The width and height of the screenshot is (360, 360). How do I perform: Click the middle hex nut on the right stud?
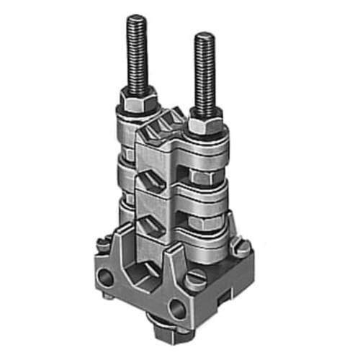(207, 176)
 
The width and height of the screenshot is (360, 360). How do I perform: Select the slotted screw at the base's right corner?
(242, 248)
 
